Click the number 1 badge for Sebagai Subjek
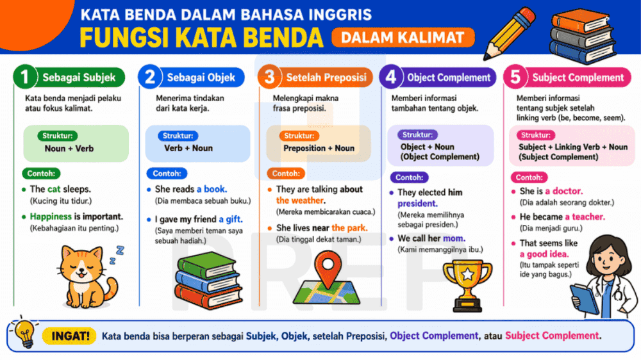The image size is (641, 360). pos(25,78)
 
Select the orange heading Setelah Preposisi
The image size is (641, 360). pos(326,78)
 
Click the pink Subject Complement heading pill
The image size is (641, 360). pos(577,78)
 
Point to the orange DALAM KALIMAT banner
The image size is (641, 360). pos(403,37)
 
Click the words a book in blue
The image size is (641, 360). pos(212,190)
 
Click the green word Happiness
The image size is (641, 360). pos(50,217)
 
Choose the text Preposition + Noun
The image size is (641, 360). pos(319,148)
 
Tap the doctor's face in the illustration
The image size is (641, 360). pos(604,250)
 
